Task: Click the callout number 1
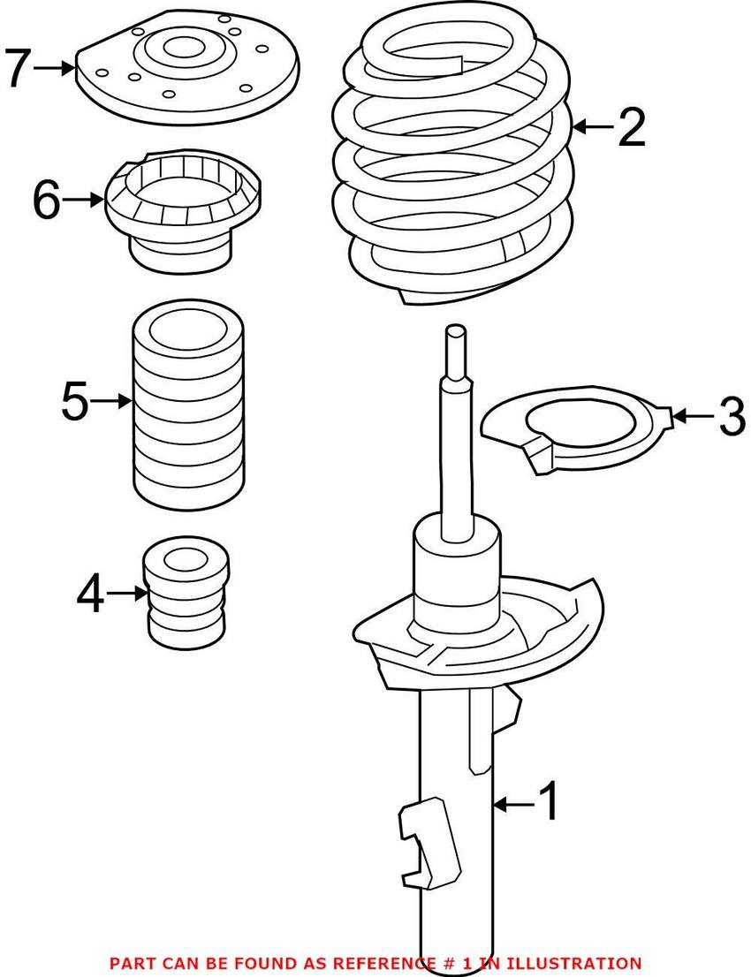coord(549,802)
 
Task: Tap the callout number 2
coord(633,128)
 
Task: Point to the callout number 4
coord(91,594)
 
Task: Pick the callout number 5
coord(75,402)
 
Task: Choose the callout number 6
coord(47,201)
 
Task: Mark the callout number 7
coord(19,67)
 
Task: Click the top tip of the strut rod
coord(455,330)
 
